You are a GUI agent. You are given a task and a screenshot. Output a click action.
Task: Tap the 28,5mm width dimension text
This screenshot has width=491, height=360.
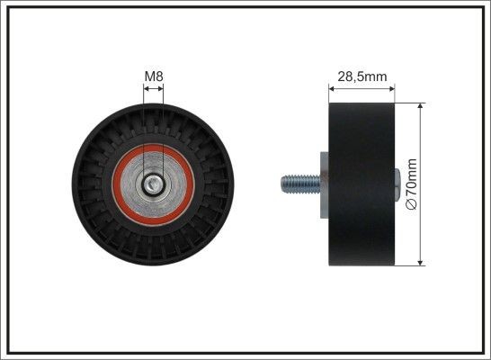click(x=361, y=76)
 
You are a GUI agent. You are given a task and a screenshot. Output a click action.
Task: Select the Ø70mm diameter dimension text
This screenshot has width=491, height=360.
click(x=413, y=184)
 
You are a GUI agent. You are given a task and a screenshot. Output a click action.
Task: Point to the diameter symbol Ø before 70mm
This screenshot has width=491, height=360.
click(x=413, y=206)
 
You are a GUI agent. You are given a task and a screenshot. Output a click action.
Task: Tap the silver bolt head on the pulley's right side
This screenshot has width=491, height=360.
click(x=397, y=184)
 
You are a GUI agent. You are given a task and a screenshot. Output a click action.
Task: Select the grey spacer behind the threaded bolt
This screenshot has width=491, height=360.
click(x=319, y=184)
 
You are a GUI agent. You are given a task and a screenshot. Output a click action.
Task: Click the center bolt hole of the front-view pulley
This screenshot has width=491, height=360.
click(x=155, y=186)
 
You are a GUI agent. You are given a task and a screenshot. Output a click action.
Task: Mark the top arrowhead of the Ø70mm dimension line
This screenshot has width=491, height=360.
click(x=422, y=106)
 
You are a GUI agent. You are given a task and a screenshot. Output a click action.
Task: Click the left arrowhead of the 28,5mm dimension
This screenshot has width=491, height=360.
click(x=329, y=88)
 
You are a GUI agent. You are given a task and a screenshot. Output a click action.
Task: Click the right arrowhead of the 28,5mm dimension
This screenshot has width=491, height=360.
click(x=392, y=88)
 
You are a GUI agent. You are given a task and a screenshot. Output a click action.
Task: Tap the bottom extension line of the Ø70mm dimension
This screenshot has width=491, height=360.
click(x=409, y=266)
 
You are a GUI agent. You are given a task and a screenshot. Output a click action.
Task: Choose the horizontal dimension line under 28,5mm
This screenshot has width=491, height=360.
click(x=361, y=88)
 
